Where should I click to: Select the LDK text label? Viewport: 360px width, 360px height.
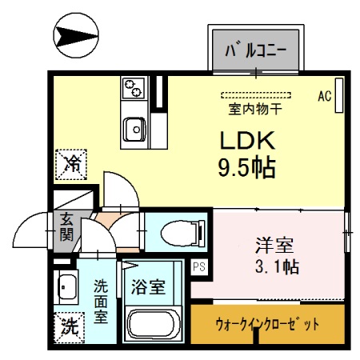point(248,141)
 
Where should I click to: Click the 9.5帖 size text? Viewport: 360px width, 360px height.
point(247,167)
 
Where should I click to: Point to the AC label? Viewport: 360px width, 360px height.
point(324,96)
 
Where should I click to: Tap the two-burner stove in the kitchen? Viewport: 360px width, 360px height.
point(131,86)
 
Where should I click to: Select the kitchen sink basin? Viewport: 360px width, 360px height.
point(133,126)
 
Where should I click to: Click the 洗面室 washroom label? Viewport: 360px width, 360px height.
point(102,301)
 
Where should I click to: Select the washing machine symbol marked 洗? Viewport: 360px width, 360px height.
point(70,326)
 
